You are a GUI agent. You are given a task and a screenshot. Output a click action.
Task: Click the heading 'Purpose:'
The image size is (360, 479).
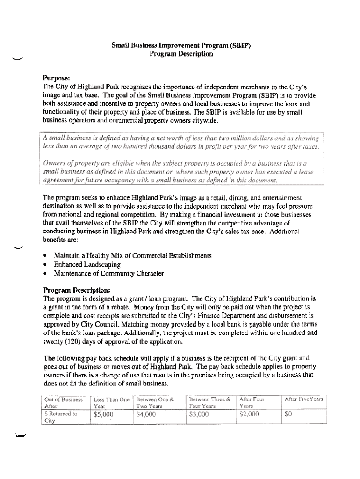click(57, 78)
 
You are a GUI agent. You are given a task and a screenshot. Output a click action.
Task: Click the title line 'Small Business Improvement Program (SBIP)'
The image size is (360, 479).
click(181, 46)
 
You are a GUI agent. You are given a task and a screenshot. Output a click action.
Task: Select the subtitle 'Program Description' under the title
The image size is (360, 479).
click(181, 54)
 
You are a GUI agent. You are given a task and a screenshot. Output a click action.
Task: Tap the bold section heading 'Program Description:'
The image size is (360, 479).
click(77, 289)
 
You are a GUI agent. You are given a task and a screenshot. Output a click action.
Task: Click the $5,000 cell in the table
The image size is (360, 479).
click(104, 414)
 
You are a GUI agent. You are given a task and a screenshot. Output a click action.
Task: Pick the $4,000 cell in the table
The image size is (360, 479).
click(146, 414)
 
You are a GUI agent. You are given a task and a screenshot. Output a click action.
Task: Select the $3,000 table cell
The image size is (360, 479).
click(199, 414)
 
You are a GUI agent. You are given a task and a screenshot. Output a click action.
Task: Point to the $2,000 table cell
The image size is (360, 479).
click(249, 414)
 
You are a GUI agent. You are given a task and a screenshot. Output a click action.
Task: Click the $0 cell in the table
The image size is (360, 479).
click(288, 414)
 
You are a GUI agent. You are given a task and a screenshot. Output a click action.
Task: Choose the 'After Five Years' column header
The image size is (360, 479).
click(304, 399)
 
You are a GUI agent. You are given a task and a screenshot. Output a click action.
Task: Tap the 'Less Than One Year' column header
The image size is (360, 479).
click(111, 403)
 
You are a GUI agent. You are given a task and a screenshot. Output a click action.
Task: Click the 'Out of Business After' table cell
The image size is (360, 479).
click(63, 403)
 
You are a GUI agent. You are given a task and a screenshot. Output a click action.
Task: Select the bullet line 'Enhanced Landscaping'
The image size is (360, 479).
click(87, 265)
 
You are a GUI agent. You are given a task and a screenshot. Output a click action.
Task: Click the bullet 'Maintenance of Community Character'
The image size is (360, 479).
click(108, 274)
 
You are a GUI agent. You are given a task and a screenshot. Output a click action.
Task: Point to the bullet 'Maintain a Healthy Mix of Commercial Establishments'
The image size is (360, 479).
click(133, 256)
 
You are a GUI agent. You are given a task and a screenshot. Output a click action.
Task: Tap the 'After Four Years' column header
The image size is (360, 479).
click(252, 403)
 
